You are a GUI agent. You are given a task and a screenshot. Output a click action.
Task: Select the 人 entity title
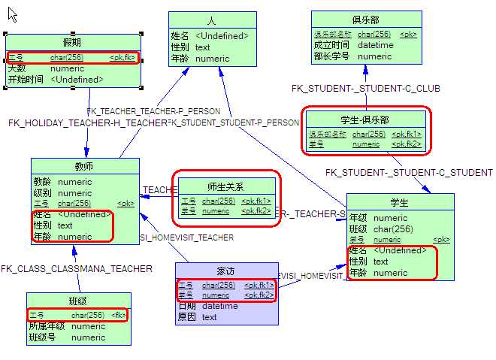point(212,20)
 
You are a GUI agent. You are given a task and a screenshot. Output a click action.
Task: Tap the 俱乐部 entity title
point(365,20)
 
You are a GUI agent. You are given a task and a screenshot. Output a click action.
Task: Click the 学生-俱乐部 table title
point(365,119)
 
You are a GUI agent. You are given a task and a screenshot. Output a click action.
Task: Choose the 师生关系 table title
point(225,186)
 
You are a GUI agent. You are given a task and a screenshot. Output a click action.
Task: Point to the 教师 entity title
point(85,166)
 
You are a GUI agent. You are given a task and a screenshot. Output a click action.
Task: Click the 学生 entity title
point(400,202)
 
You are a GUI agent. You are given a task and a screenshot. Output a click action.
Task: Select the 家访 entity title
point(226,271)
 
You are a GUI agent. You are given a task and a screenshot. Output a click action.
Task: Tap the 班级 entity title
point(77,301)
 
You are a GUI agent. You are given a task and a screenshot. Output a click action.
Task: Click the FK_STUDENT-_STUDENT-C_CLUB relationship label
point(366,88)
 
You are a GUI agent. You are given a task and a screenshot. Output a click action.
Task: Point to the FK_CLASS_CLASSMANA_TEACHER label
point(77,268)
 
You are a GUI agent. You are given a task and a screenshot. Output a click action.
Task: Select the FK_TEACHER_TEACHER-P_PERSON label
point(154,111)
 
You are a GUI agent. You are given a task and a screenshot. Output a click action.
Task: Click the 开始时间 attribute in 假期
point(26,79)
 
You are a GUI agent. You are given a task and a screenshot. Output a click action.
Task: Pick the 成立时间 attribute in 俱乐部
point(332,45)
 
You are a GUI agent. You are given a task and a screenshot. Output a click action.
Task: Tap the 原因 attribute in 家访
point(186,317)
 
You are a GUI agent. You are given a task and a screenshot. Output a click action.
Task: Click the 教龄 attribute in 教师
point(42,182)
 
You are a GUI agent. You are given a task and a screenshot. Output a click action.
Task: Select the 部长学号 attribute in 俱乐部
point(332,56)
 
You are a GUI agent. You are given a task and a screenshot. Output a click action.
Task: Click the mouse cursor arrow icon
point(12,14)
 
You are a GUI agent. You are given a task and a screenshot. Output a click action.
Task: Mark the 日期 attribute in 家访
point(186,306)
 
